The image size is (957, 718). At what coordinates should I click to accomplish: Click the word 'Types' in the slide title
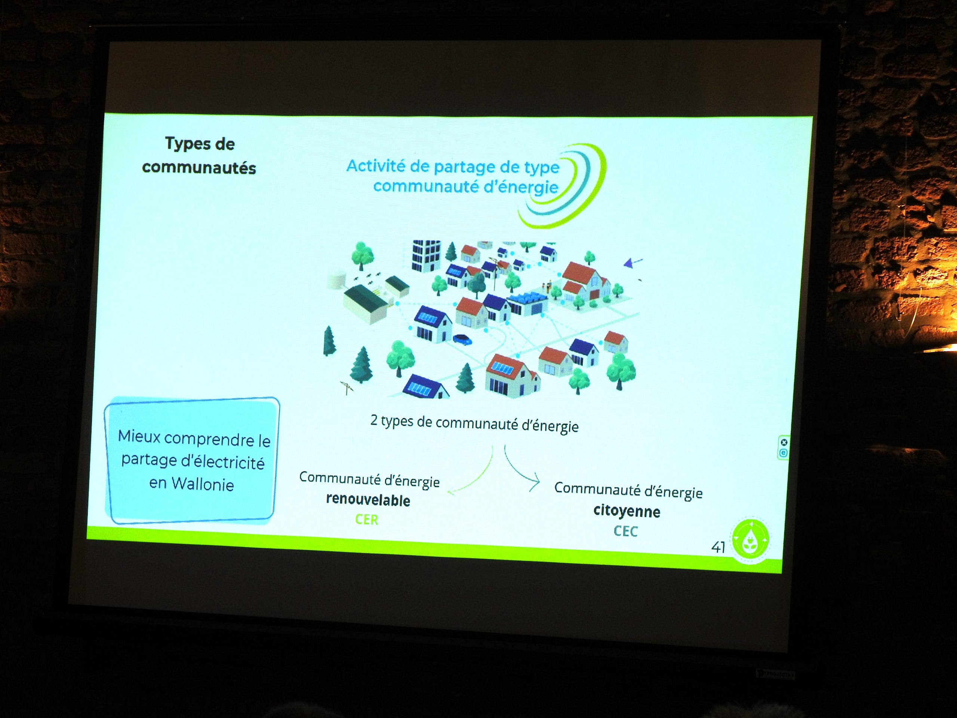186,144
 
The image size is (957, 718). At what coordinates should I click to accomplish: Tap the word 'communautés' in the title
199,168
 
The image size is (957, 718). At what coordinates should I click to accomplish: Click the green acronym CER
366,519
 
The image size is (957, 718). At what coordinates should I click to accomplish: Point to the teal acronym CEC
625,531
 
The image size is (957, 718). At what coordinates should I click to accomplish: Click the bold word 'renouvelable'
368,500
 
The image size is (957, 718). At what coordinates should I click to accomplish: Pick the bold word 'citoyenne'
627,511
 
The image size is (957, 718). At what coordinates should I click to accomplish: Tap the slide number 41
718,547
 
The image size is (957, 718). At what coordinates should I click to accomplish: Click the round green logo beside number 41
751,539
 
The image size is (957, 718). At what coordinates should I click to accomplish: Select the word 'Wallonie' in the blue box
203,484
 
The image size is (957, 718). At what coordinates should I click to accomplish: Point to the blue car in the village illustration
462,339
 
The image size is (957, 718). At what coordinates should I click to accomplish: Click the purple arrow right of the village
633,262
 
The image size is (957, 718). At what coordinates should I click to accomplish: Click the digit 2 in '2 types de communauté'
374,420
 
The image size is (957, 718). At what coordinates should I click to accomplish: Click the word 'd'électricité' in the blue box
222,462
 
